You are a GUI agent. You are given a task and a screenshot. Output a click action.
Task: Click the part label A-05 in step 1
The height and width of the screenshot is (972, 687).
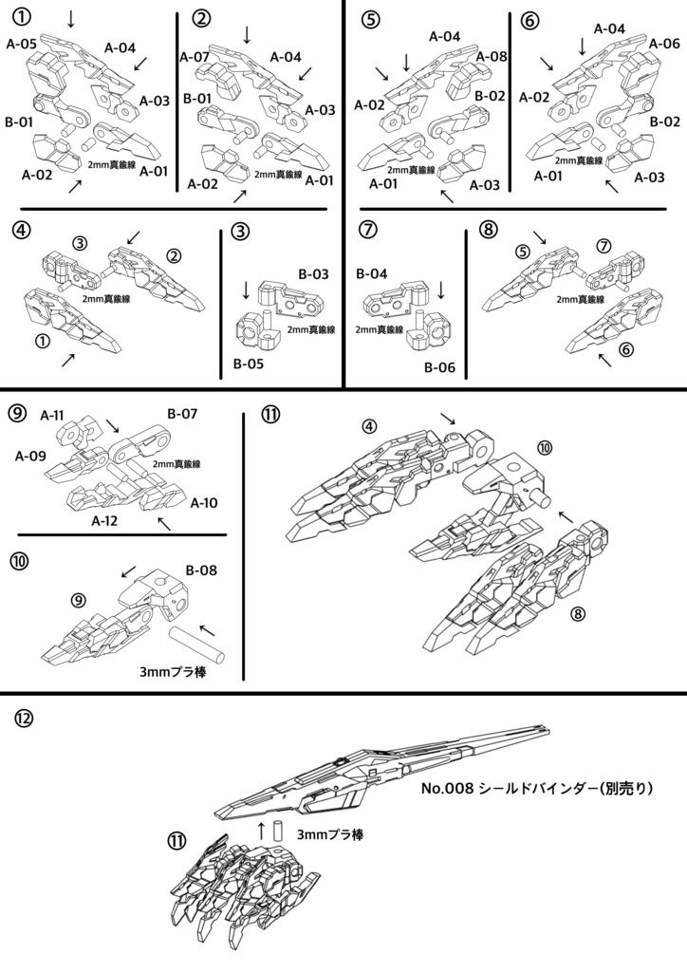click(x=22, y=43)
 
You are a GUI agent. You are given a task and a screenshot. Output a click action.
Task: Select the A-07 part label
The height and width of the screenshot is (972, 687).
click(x=195, y=57)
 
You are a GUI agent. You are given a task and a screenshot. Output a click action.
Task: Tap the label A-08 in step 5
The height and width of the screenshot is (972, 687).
click(x=492, y=56)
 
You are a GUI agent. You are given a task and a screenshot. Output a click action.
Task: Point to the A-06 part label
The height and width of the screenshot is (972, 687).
click(x=664, y=44)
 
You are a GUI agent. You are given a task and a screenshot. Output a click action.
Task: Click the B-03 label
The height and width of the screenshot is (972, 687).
click(x=313, y=274)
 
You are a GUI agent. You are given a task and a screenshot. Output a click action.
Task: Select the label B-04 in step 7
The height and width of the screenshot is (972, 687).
click(x=373, y=274)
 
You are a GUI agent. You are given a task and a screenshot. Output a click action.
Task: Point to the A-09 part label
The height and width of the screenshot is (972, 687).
click(x=30, y=456)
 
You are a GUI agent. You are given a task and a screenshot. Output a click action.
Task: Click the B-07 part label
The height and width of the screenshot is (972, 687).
click(x=182, y=415)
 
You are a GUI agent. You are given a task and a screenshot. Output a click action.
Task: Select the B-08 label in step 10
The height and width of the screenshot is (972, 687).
click(x=202, y=570)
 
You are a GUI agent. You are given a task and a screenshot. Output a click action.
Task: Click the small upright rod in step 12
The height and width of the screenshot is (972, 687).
click(x=280, y=831)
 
